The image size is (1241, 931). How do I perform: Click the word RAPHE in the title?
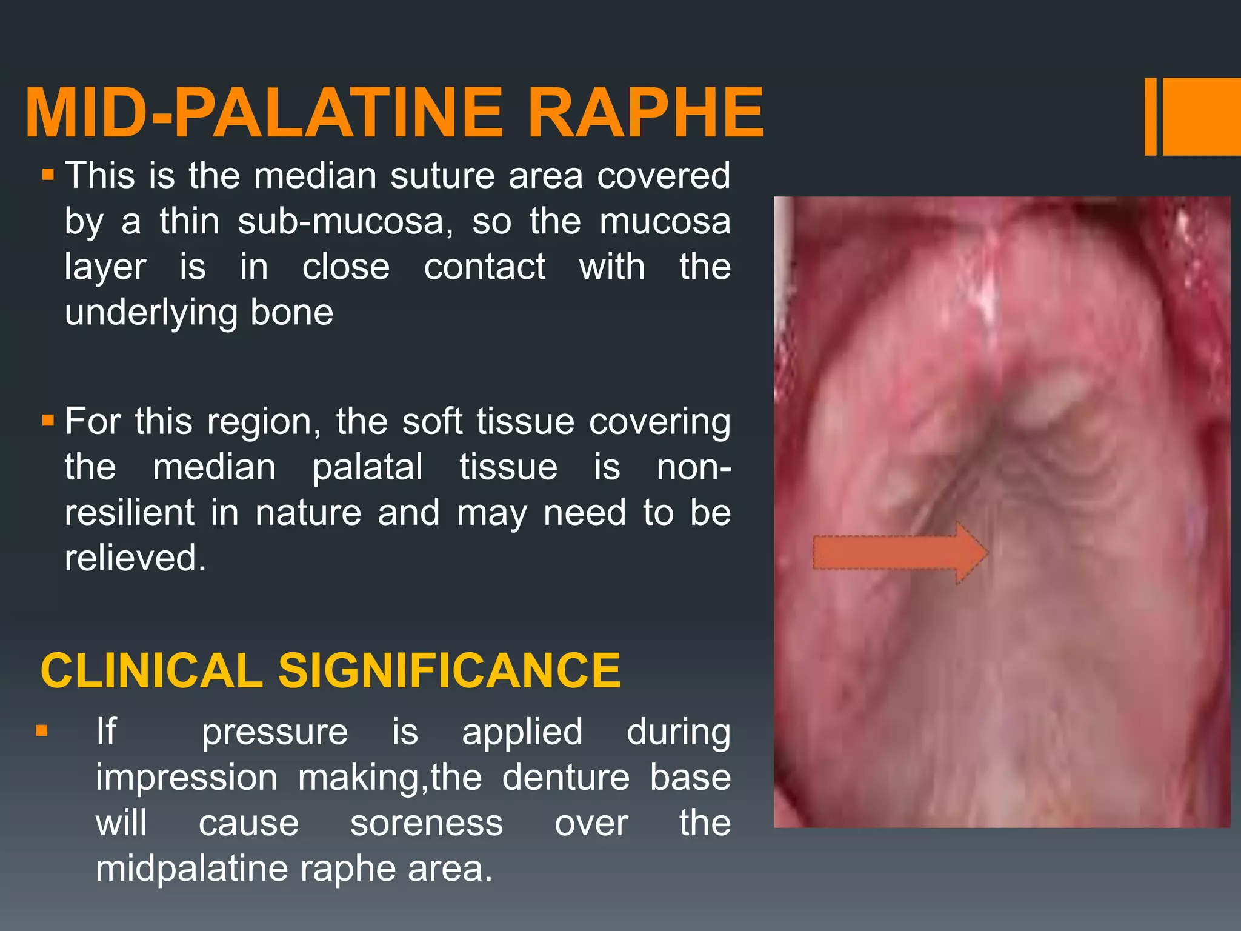pos(645,113)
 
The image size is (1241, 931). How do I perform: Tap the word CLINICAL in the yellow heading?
pos(151,671)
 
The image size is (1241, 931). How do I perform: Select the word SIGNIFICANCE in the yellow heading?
pos(449,671)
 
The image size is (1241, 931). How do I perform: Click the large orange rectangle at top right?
pos(1201,117)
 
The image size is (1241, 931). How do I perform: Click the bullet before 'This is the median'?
pos(48,176)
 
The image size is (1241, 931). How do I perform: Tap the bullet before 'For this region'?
pos(48,420)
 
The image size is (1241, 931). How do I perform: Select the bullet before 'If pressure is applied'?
pos(42,730)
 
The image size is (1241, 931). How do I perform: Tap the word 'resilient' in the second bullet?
pos(129,513)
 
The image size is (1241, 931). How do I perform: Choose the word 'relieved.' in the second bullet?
pos(135,558)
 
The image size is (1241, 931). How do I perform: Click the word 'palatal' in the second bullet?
pos(367,467)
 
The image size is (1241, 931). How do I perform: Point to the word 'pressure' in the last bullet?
pos(274,732)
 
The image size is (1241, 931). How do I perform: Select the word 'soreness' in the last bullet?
pos(427,824)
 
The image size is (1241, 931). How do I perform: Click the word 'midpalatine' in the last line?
pos(193,869)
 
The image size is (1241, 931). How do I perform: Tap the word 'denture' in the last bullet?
pos(566,778)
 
